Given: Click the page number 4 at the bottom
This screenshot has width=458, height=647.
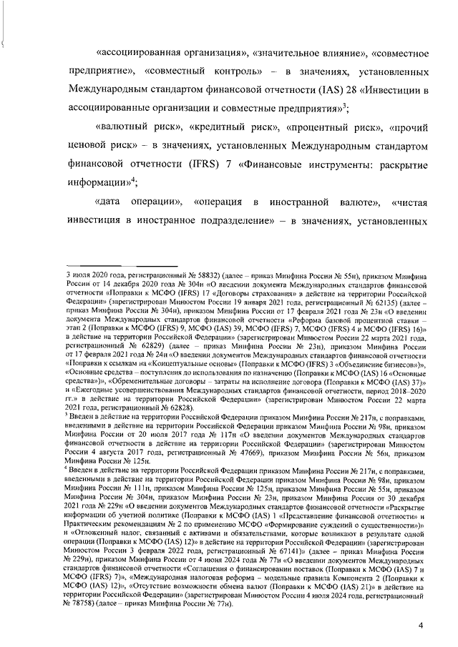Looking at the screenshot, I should (x=421, y=626).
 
